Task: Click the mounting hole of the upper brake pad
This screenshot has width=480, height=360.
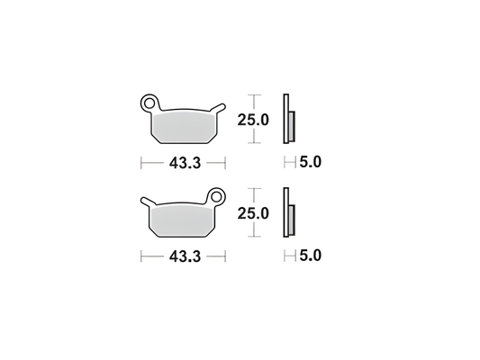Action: pyautogui.click(x=149, y=103)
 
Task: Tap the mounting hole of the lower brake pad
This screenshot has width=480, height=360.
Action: pyautogui.click(x=216, y=195)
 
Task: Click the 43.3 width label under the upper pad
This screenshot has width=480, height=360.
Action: pyautogui.click(x=183, y=163)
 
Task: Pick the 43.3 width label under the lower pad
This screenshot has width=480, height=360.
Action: pyautogui.click(x=183, y=256)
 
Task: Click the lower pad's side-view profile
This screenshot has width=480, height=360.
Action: pyautogui.click(x=287, y=213)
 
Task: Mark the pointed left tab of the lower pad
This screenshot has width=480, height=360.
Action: pyautogui.click(x=144, y=202)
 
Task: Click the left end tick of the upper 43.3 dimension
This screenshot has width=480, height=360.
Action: pyautogui.click(x=141, y=163)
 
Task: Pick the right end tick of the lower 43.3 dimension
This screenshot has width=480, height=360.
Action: pyautogui.click(x=224, y=256)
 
